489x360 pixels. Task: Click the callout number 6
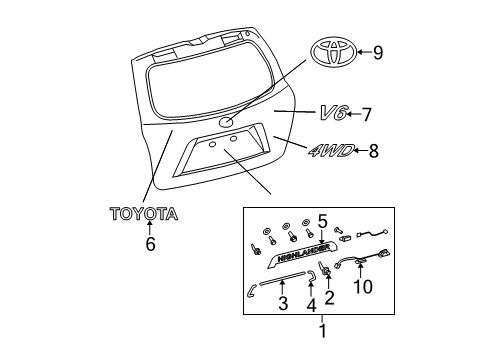click(151, 242)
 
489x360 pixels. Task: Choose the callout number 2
click(330, 297)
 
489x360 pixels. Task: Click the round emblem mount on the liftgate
click(227, 121)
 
